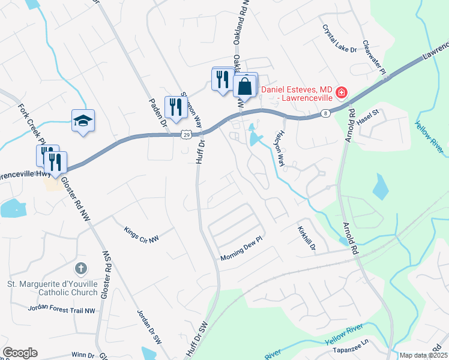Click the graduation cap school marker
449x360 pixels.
coord(83,121)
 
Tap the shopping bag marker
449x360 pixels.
coord(245,86)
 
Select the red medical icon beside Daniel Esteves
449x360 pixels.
coord(341,92)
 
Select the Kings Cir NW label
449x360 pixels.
coord(142,234)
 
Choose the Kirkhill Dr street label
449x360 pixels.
coord(306,238)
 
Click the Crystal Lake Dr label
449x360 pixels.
coord(339,38)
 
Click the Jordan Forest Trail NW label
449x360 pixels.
coord(62,309)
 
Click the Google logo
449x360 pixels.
coord(20,353)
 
